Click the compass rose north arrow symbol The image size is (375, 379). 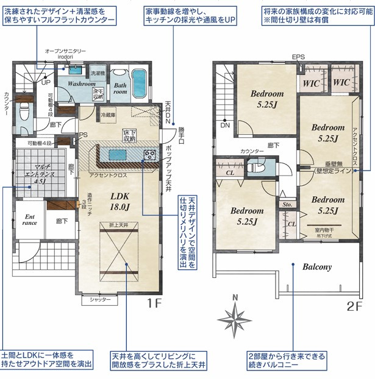pos(235,315)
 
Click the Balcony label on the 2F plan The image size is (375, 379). pos(316,267)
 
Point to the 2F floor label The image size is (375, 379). pos(355,306)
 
